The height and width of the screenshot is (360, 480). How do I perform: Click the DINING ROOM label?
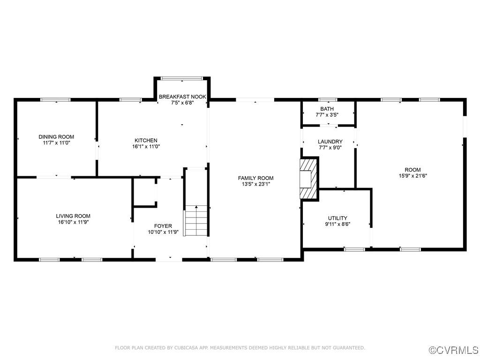click(x=56, y=137)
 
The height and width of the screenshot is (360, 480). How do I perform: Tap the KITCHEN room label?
click(x=146, y=140)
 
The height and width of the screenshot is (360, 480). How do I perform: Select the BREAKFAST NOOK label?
click(x=182, y=97)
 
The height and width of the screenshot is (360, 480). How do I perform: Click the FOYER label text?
click(x=163, y=226)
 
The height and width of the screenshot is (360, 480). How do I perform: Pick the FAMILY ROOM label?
click(x=255, y=178)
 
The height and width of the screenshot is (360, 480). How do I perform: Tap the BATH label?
click(x=327, y=109)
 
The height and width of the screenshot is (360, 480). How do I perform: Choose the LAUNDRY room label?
click(x=330, y=142)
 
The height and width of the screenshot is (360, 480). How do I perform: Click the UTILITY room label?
click(x=337, y=218)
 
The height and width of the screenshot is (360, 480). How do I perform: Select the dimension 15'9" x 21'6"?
click(x=412, y=176)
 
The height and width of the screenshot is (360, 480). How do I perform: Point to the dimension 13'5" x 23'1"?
click(x=255, y=184)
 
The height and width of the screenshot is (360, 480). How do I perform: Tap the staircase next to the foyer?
click(x=196, y=220)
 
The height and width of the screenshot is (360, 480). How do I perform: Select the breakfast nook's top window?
click(x=182, y=78)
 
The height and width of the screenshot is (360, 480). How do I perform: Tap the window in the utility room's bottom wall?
click(x=354, y=249)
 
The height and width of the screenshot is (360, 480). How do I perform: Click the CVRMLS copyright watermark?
click(x=454, y=350)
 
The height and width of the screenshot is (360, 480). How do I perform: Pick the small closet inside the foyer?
click(x=144, y=191)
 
